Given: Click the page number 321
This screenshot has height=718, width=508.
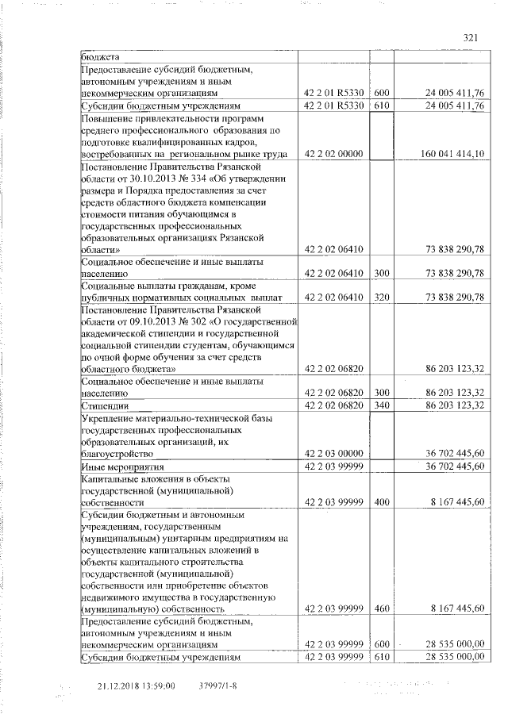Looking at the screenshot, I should click(x=471, y=36).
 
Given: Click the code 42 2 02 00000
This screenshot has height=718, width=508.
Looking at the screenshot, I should click(x=333, y=153).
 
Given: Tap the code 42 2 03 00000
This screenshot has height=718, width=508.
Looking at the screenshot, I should click(x=333, y=452).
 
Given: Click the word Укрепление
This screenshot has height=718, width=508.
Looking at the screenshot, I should click(x=110, y=417).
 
